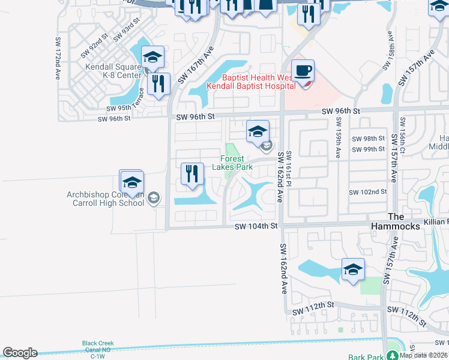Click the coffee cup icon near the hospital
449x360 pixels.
[x=303, y=71]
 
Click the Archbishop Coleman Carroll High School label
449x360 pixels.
[x=106, y=199]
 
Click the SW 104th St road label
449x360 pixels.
[x=256, y=226]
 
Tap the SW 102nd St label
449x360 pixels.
[x=367, y=192]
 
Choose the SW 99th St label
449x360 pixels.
[x=368, y=149]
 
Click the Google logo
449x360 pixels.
[x=20, y=353]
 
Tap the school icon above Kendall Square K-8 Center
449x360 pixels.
[x=153, y=58]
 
